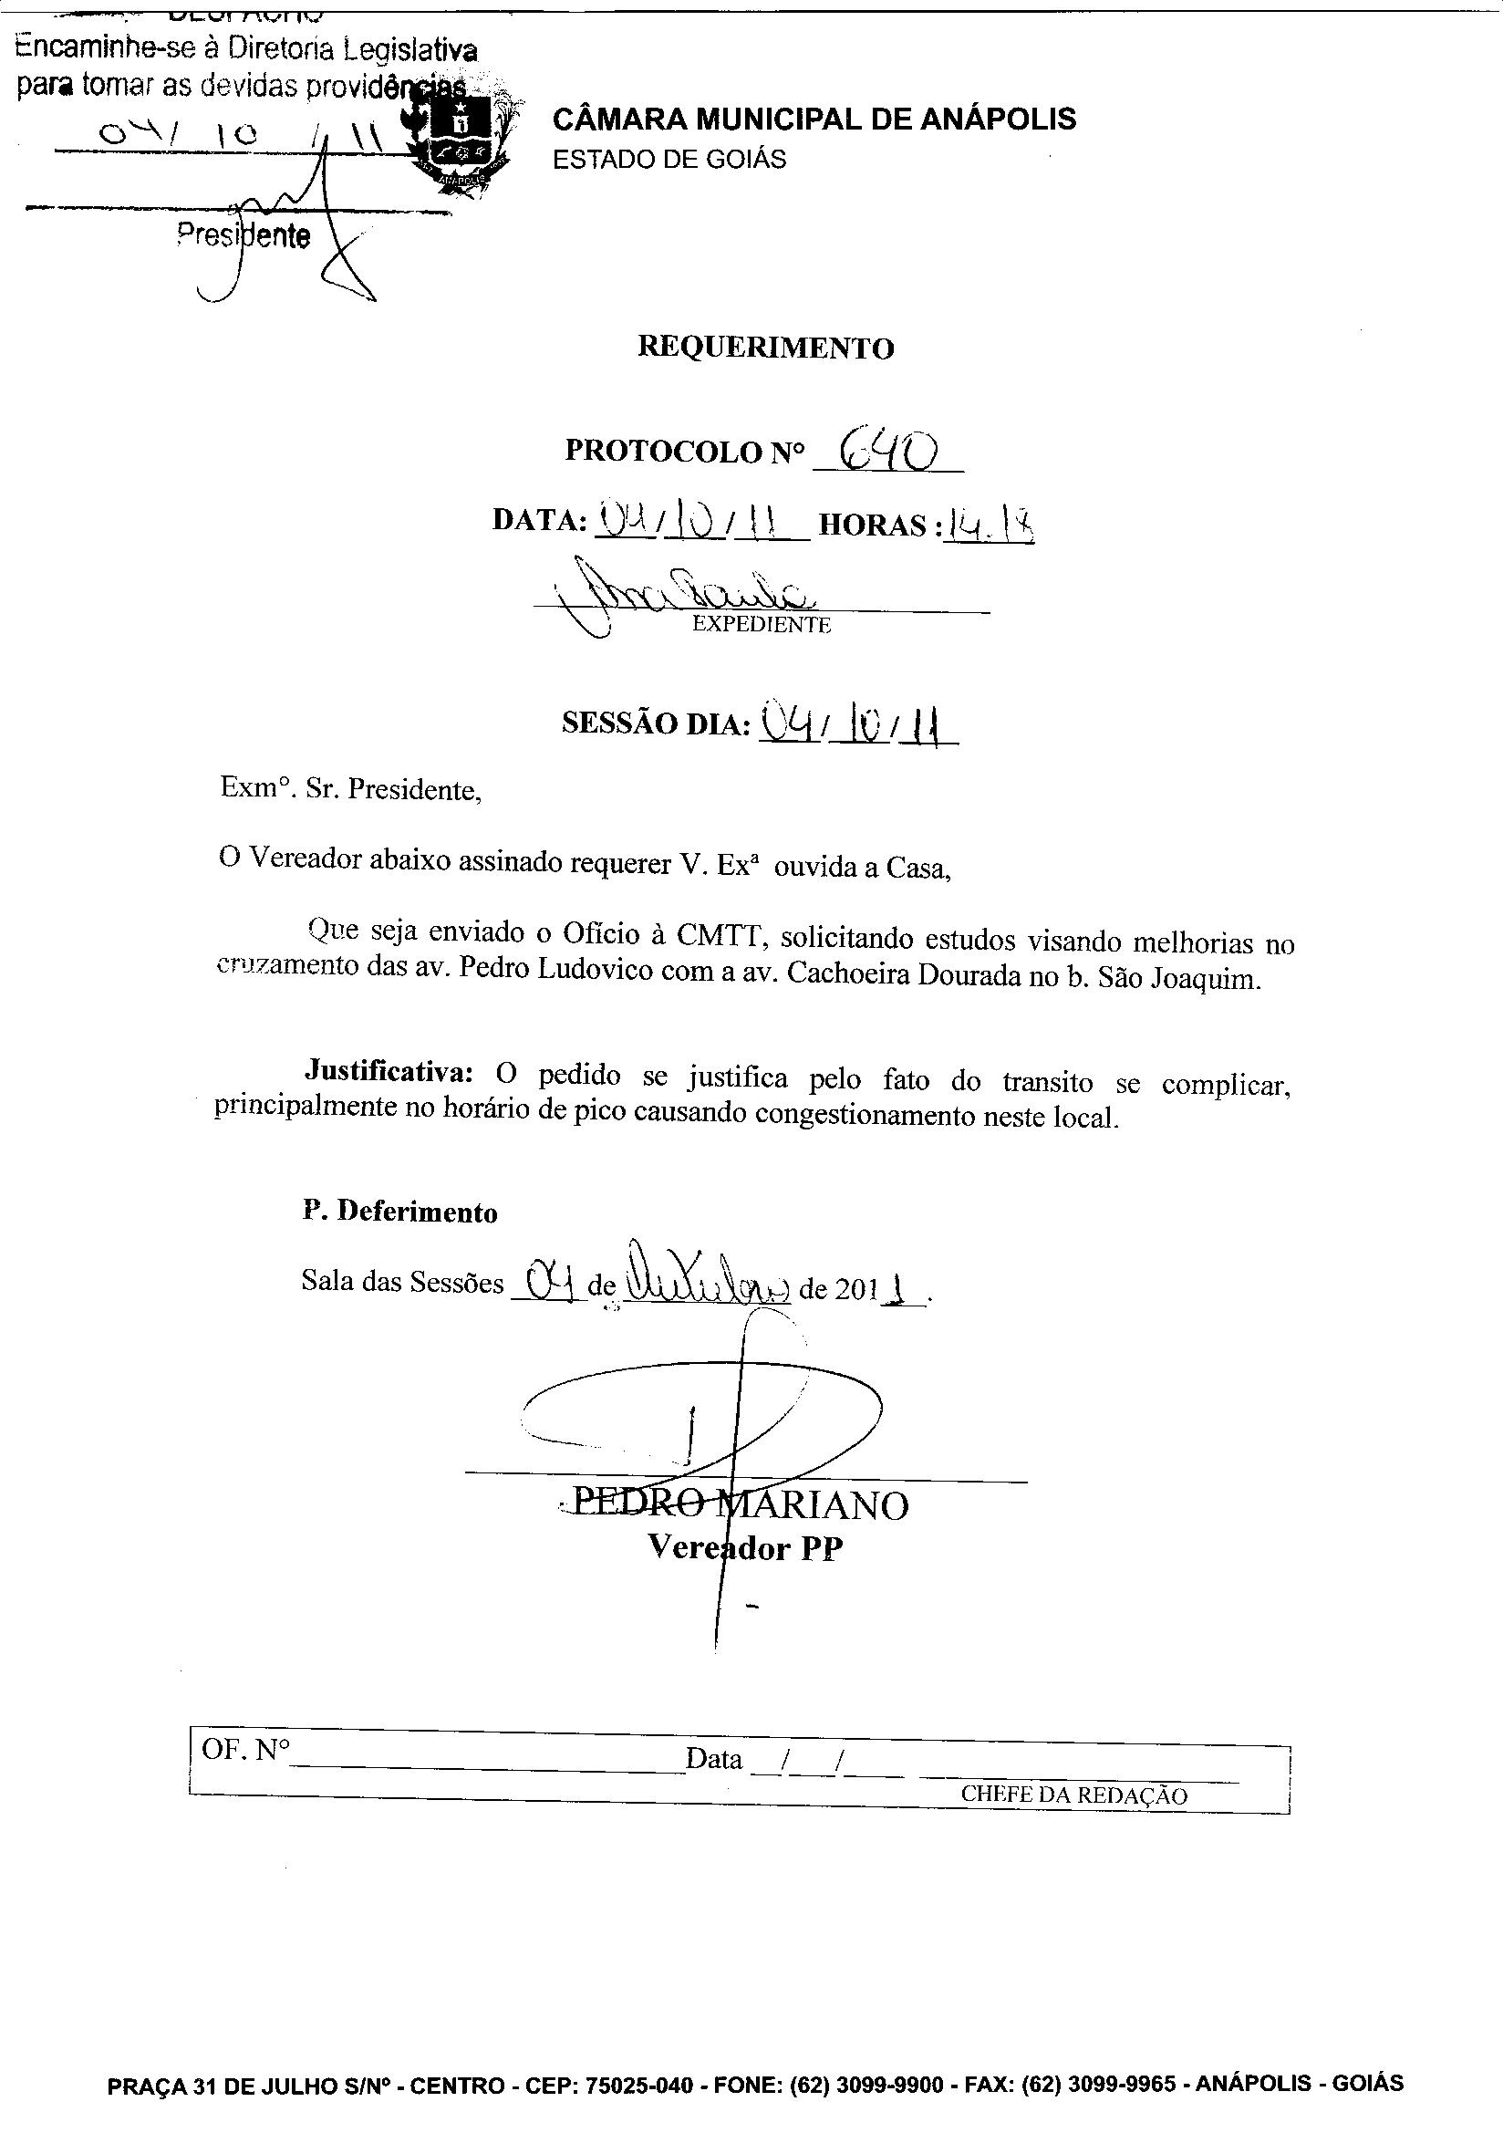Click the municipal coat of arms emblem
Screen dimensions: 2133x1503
point(460,140)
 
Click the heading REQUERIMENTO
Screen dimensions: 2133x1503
point(765,348)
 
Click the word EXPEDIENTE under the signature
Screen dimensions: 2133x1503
point(762,624)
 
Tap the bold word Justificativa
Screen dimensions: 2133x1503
point(389,1070)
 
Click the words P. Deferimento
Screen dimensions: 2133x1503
point(399,1212)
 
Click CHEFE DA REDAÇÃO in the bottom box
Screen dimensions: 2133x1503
point(1073,1795)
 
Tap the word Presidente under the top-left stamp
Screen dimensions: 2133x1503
point(244,236)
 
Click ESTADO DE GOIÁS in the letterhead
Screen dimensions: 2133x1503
point(669,160)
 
